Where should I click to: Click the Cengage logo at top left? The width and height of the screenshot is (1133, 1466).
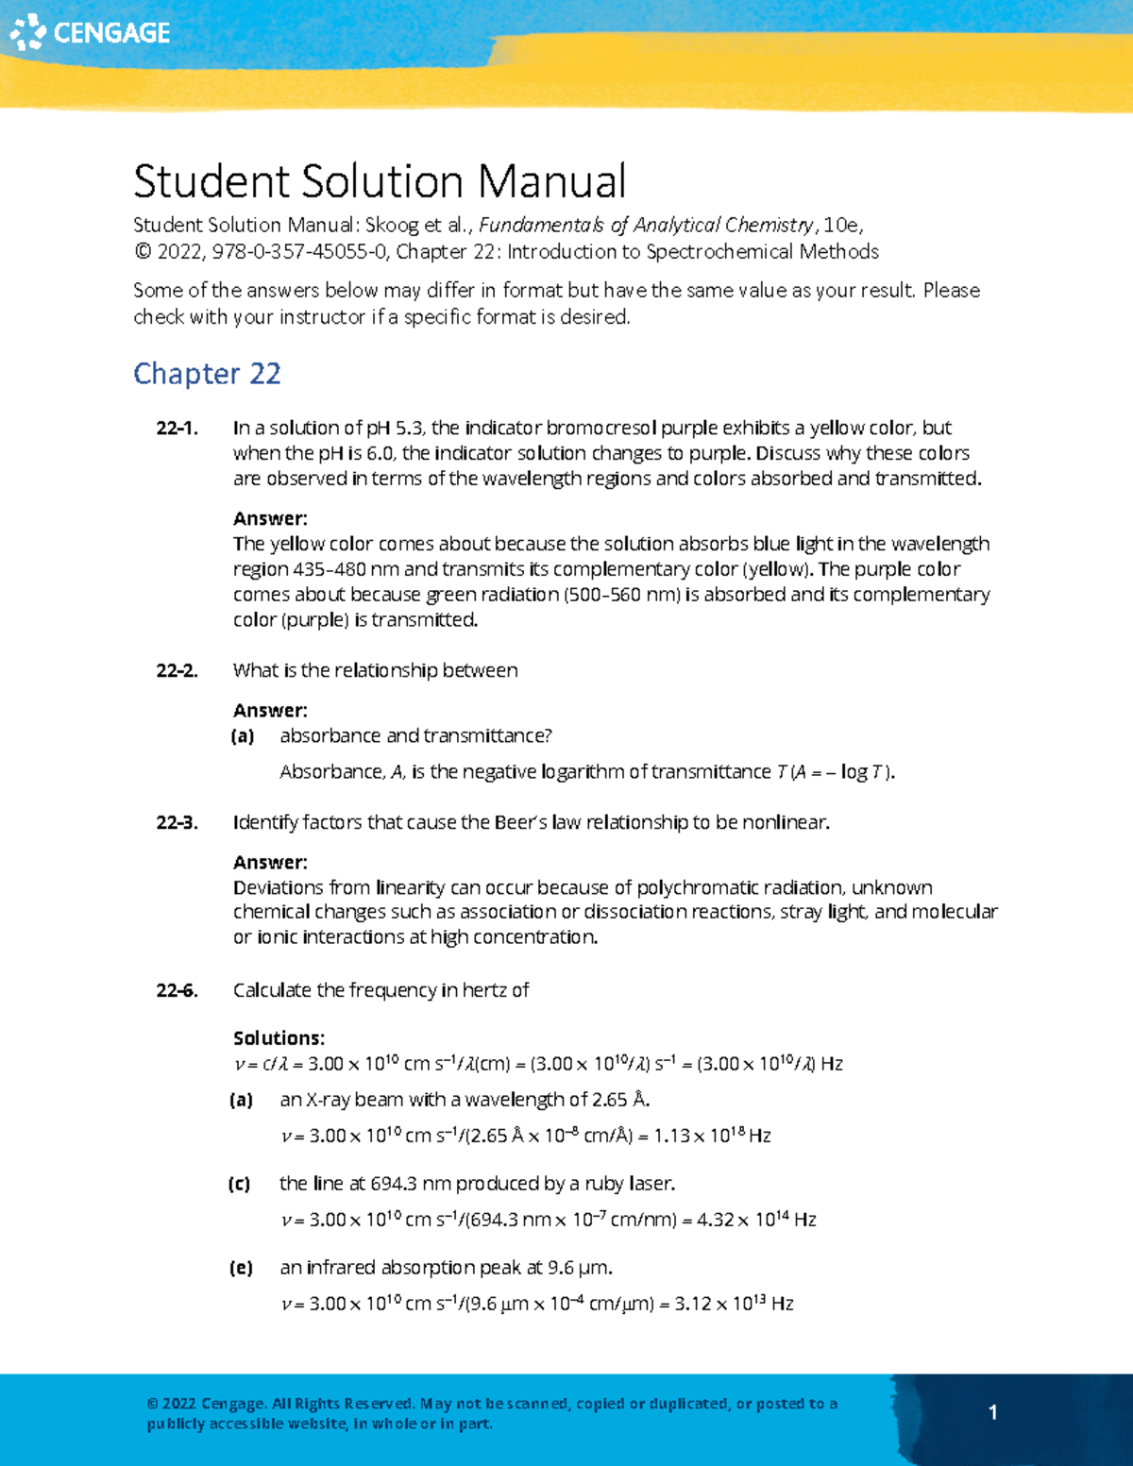tap(90, 32)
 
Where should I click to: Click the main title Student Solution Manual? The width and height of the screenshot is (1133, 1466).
tap(380, 181)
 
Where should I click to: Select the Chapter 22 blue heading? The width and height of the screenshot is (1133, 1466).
tap(207, 374)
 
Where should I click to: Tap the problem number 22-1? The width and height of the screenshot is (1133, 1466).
tap(177, 429)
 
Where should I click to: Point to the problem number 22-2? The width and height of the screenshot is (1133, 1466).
tap(177, 671)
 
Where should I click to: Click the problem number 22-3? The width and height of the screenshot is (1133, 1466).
tap(177, 823)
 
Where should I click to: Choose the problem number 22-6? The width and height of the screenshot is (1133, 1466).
tap(177, 990)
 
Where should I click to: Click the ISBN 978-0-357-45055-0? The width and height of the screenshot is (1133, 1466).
tap(299, 252)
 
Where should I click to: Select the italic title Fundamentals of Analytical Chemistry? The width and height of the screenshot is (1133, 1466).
tap(646, 226)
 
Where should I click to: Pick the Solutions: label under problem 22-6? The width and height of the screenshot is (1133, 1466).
tap(279, 1038)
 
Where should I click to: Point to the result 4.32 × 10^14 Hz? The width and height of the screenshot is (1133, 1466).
tap(756, 1220)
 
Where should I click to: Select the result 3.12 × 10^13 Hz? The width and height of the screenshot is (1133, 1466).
tap(734, 1304)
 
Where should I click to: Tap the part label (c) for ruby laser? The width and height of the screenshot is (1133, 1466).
tap(240, 1184)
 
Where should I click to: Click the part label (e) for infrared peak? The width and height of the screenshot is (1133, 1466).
tap(241, 1268)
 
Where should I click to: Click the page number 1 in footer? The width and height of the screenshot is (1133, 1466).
tap(992, 1412)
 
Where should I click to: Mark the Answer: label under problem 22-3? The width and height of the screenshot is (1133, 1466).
tap(270, 863)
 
